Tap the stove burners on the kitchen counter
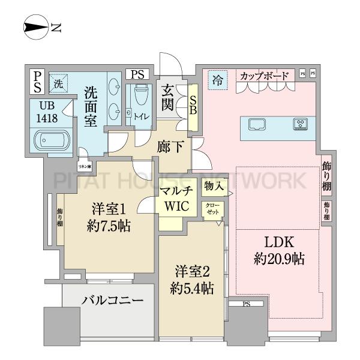(299, 125)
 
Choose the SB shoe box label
(193, 106)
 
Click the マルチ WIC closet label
(175, 199)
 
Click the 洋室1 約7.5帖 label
(111, 217)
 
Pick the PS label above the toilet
(137, 74)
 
